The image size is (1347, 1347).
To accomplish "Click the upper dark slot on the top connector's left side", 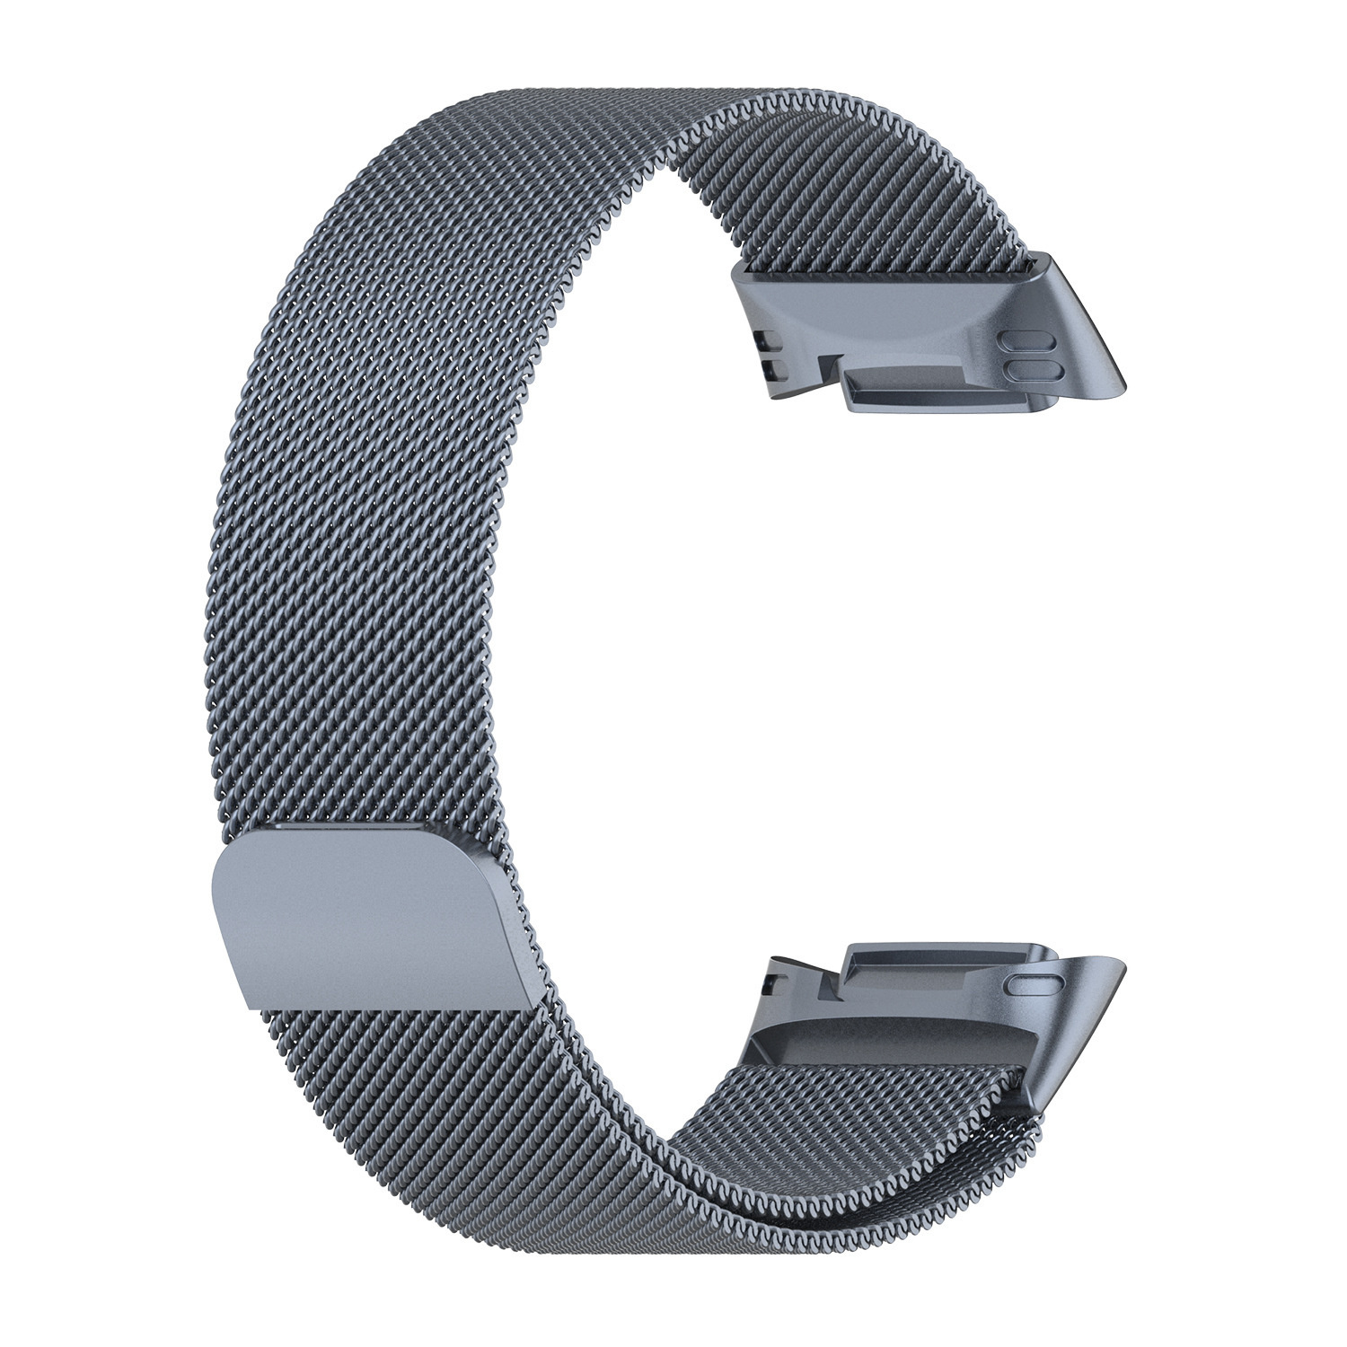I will [x=766, y=340].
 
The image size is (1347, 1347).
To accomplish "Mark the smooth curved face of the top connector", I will [x=880, y=310].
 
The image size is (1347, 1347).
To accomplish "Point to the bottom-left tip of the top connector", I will [x=778, y=396].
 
